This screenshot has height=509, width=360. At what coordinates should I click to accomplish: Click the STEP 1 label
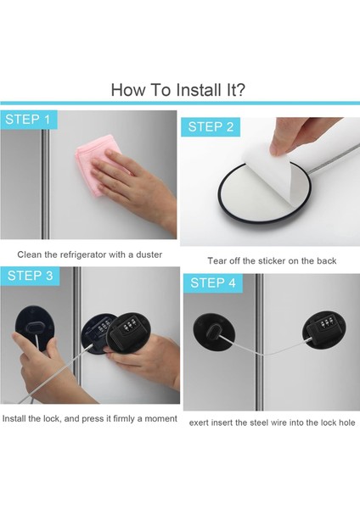pyautogui.click(x=28, y=120)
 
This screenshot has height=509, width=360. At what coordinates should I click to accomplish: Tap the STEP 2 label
pyautogui.click(x=211, y=127)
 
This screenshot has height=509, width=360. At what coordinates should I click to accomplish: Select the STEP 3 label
pyautogui.click(x=31, y=276)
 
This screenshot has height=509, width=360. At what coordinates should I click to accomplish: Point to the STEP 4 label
pyautogui.click(x=213, y=282)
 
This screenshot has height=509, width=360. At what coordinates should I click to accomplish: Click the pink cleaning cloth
pyautogui.click(x=95, y=169)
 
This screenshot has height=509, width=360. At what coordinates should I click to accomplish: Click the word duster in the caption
pyautogui.click(x=149, y=255)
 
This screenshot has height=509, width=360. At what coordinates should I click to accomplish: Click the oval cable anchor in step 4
pyautogui.click(x=214, y=332)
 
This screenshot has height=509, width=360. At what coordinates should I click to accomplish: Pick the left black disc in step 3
pyautogui.click(x=34, y=327)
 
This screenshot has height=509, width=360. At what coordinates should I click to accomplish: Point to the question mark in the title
pyautogui.click(x=241, y=90)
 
